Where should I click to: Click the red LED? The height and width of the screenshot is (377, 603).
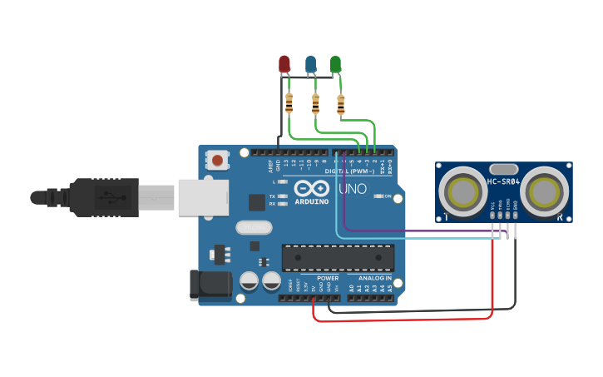(284, 63)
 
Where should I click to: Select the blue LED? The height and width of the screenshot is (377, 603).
(310, 63)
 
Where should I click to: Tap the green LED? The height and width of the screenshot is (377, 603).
(336, 63)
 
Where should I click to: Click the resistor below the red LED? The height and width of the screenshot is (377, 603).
(289, 103)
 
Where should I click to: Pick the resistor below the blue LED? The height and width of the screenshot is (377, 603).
(314, 103)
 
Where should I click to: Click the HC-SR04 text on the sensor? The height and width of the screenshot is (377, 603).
(503, 182)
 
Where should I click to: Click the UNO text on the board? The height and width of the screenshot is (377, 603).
(352, 189)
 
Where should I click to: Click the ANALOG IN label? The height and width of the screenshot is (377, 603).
(370, 278)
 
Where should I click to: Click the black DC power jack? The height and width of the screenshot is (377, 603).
(210, 285)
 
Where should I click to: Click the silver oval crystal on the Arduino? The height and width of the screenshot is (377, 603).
(254, 226)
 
